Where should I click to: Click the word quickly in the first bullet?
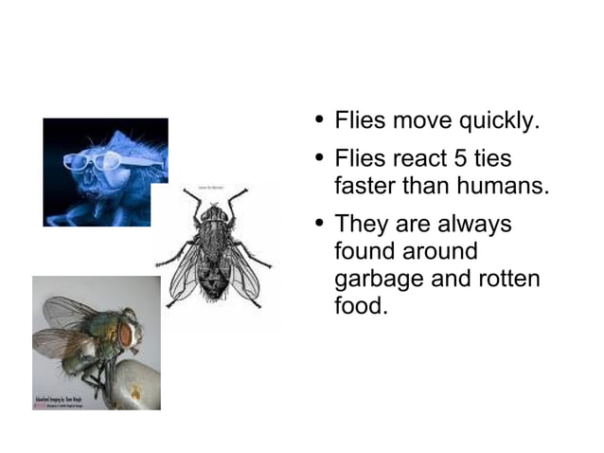(499, 122)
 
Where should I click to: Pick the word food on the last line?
(361, 307)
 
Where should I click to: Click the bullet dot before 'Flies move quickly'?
(320, 120)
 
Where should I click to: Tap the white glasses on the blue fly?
(104, 160)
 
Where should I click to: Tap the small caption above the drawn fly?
(212, 189)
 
